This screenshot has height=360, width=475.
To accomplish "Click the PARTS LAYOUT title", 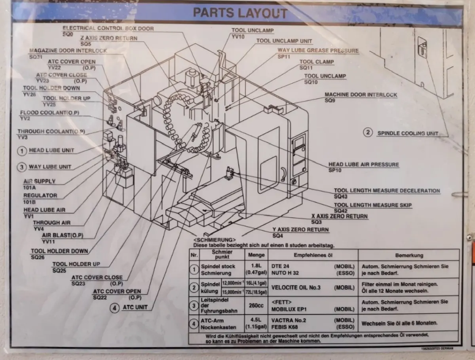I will tap(240, 13).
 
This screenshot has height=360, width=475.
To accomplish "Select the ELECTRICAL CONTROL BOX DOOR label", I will tap(108, 28).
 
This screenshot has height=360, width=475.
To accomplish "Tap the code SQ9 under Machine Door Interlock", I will tap(330, 100).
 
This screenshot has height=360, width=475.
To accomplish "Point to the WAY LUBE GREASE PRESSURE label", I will tap(318, 51).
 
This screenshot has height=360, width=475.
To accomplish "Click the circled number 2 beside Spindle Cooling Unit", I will tap(368, 133).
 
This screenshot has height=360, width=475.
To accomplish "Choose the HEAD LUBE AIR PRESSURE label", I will tap(363, 165).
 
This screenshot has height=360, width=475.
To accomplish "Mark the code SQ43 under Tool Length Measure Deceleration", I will tap(340, 197).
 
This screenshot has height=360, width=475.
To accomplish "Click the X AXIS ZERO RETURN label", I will tap(339, 216).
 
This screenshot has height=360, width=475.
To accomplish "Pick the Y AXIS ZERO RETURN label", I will tap(300, 230).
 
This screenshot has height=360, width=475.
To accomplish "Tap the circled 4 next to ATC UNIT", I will tap(114, 307).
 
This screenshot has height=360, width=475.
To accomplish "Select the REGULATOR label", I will tap(40, 195).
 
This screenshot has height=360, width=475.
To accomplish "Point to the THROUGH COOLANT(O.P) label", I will tap(51, 132).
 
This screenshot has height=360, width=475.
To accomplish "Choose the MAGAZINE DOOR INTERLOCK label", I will tap(68, 51).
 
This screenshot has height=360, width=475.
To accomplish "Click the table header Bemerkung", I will tap(409, 255).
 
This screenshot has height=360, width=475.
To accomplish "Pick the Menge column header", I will tap(256, 255).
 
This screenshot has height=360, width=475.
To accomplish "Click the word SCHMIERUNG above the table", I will tap(215, 240).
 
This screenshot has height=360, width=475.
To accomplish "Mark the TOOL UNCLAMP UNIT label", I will tap(284, 41).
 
